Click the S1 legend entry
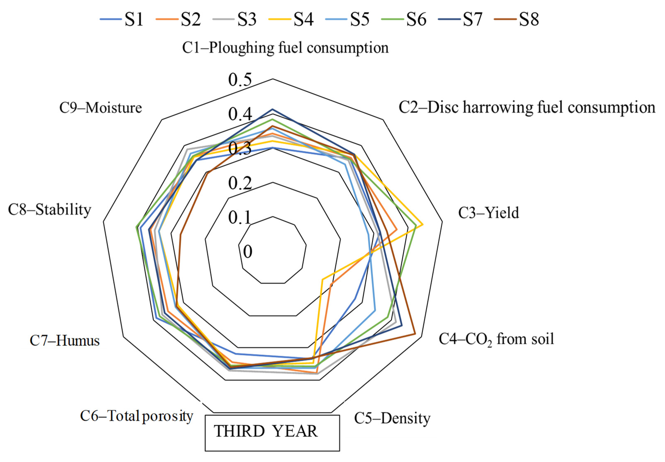(122, 19)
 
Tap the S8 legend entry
(517, 19)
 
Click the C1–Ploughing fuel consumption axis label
(285, 48)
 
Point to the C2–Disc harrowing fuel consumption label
(527, 107)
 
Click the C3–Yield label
(488, 213)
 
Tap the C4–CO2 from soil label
(496, 339)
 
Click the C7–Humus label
(65, 340)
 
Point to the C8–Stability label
(50, 210)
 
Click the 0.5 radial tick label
(240, 80)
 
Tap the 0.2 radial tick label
(240, 183)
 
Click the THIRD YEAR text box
(272, 433)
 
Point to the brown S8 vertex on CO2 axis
(415, 334)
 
